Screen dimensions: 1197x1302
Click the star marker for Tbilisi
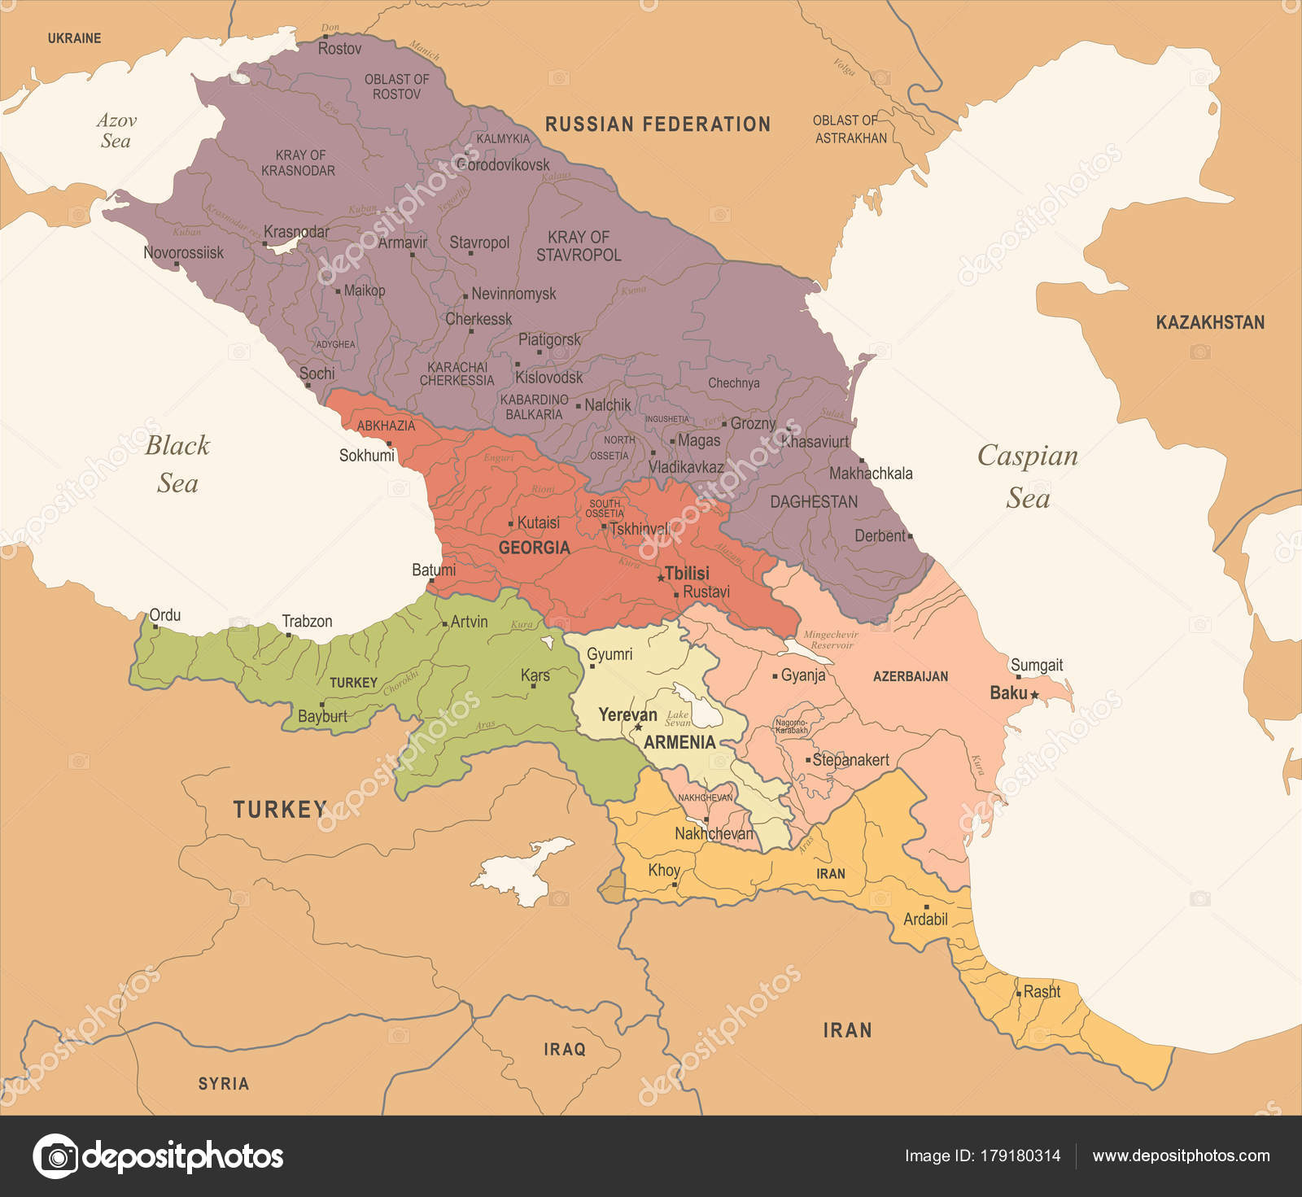pos(661,578)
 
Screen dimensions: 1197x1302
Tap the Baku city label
pos(1008,693)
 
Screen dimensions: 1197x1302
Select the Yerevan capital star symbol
pos(639,727)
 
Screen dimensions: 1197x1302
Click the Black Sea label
pos(177,464)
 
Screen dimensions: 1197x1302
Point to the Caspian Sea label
pos(1028,476)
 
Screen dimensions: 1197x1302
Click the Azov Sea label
pos(116,130)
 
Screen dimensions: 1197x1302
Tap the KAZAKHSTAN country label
pos(1210,322)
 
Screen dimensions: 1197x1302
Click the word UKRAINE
pos(74,38)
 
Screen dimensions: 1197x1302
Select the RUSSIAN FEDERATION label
pos(658,125)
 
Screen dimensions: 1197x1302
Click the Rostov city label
pos(339,49)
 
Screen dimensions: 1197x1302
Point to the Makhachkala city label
pos(871,473)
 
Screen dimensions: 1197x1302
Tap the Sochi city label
pos(317,374)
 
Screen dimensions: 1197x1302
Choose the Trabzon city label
pos(307,622)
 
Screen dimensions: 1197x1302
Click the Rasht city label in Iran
pos(1042,991)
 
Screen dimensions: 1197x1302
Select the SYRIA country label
pos(223,1084)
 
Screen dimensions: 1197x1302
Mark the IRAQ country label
pos(564,1050)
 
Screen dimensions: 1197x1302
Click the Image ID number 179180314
pos(1021,1155)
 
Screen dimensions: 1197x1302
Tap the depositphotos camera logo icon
pos(55,1155)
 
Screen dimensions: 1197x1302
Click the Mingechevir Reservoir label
pos(830,640)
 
